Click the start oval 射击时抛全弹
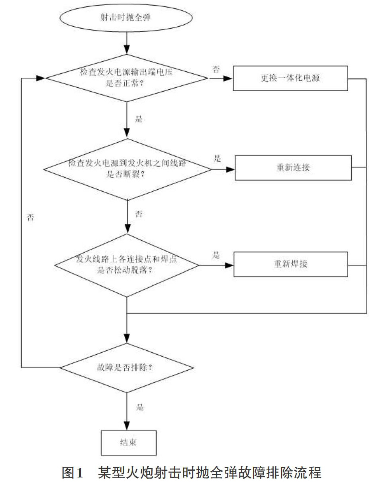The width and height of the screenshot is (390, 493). coord(126,18)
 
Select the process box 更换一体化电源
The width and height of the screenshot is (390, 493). coord(290,79)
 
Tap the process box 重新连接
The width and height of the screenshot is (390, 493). coord(293,168)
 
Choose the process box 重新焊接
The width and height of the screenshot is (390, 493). coord(291,264)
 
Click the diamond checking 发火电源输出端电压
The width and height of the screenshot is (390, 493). coord(127,78)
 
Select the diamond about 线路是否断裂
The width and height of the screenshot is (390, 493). coord(127,169)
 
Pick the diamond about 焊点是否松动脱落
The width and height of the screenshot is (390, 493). coord(127,265)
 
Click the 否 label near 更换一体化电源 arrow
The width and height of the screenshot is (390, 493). coord(216,69)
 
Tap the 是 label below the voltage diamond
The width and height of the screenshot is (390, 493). coord(139,119)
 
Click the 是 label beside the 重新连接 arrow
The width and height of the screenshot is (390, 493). coord(217,159)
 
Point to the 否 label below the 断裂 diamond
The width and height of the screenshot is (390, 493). coord(139,214)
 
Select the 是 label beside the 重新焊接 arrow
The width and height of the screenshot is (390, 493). coord(216,255)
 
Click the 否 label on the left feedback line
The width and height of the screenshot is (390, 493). coord(30,217)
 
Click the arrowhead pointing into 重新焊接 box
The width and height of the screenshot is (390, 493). coord(229,265)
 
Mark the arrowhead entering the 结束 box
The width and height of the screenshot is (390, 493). coord(127,426)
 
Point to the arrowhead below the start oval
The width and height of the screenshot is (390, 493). coord(127,50)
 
